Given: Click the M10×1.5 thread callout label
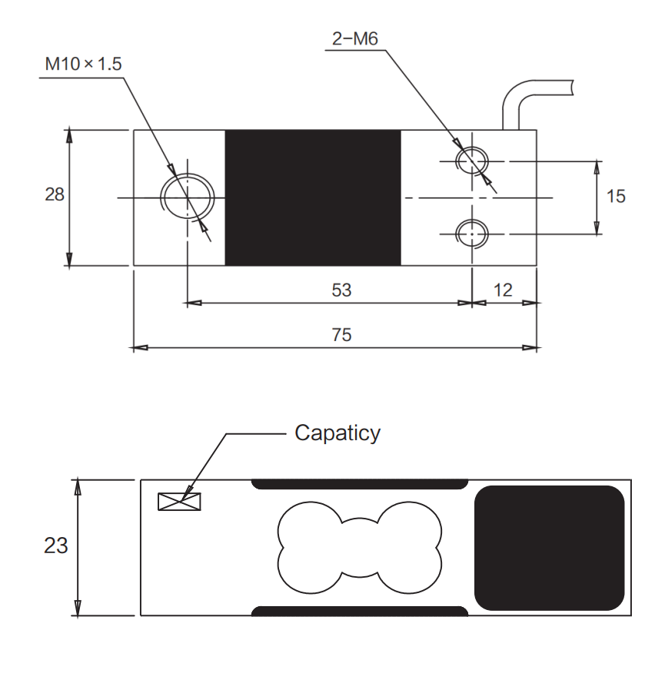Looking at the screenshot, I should (x=83, y=64).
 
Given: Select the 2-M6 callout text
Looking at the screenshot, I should (x=354, y=39).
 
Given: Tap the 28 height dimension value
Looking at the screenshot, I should (x=55, y=195).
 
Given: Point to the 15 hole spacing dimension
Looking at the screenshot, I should (x=616, y=197).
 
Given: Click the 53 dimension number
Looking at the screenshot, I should (x=341, y=290).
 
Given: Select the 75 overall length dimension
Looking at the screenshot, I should (x=341, y=335).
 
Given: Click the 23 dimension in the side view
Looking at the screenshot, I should (x=56, y=545).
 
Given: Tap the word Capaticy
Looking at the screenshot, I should (x=337, y=433).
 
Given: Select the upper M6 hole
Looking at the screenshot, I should (x=470, y=161).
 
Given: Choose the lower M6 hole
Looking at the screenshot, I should (x=470, y=230).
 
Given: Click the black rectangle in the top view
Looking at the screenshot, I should (x=312, y=197).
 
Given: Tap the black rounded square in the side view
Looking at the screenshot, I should (x=549, y=548).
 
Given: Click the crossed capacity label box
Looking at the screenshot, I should (x=178, y=502).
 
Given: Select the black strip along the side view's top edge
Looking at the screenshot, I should (x=360, y=484).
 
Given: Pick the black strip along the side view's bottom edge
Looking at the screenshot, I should (x=360, y=612).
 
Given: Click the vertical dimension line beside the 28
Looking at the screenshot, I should (x=69, y=230).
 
